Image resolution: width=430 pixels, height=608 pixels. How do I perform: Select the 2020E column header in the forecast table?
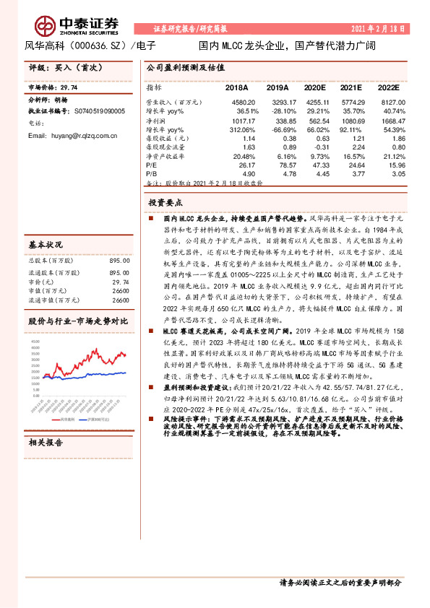coord(316,87)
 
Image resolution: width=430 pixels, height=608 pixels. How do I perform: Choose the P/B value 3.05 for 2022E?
coord(397,174)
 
